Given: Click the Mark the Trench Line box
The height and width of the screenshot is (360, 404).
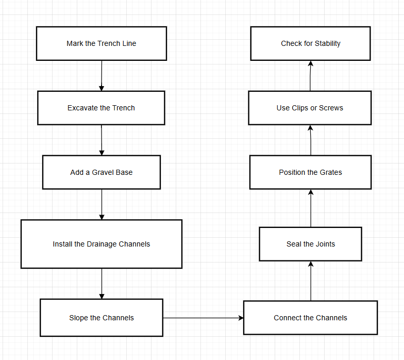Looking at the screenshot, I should (x=102, y=44).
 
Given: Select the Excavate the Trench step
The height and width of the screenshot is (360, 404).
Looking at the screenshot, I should (x=101, y=108).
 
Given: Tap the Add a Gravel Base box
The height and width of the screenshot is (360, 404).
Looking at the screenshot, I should (x=102, y=172).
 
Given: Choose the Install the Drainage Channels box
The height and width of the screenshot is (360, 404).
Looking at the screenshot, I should (x=102, y=244).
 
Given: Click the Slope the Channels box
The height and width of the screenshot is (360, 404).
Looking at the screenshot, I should (x=102, y=318).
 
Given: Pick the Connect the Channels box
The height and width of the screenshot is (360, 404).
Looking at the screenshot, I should (x=310, y=318).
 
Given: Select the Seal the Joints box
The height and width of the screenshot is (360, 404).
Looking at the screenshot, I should (x=310, y=244).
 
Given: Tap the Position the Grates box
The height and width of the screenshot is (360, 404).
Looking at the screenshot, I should (x=310, y=172).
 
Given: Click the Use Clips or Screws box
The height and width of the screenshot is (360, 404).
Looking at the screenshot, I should (x=310, y=108).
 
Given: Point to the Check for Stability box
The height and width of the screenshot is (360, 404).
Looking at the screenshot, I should (x=311, y=44).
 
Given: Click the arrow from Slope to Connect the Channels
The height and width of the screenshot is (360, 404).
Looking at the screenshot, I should (x=203, y=318).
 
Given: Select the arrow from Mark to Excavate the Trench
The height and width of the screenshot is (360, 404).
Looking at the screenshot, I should (x=102, y=76).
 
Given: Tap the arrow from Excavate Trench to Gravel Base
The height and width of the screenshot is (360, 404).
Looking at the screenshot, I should (x=102, y=140).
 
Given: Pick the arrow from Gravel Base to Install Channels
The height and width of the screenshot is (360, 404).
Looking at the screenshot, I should (x=102, y=204).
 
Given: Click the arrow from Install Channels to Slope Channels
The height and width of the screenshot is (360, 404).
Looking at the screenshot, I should (x=102, y=283).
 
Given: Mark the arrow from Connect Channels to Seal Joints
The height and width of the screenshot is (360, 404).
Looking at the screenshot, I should (x=311, y=281).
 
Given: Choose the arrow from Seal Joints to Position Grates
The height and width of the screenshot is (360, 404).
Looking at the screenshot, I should (x=311, y=208).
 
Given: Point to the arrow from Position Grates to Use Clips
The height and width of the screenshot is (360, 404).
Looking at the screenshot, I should (x=311, y=140).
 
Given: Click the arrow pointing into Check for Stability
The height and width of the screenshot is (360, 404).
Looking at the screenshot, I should (x=311, y=76).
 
